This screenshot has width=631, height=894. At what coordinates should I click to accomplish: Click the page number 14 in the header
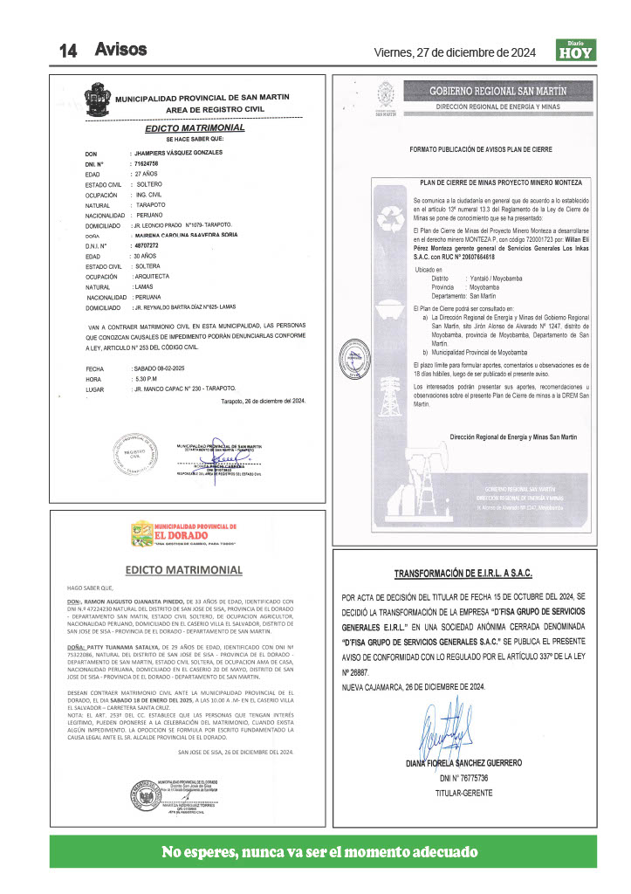tap(69, 51)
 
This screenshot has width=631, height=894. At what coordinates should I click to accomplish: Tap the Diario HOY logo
tap(574, 51)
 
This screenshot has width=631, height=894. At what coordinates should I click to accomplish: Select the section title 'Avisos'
tap(120, 49)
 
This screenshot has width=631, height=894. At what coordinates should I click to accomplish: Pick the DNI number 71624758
tap(146, 163)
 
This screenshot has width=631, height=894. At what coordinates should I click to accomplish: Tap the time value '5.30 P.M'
tap(145, 379)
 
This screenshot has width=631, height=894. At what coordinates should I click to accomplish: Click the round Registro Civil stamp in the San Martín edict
tap(132, 454)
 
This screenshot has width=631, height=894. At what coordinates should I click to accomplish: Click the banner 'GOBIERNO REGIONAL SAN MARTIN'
tap(497, 91)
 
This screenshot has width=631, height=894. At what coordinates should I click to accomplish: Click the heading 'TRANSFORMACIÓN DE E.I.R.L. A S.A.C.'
tap(463, 574)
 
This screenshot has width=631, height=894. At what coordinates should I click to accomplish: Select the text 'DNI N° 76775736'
tap(464, 777)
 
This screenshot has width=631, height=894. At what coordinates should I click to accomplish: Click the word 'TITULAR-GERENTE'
tap(463, 793)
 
